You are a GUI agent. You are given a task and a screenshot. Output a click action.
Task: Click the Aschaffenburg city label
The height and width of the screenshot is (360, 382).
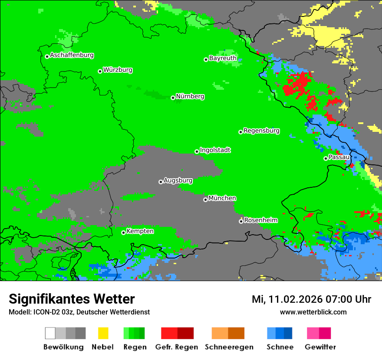[72, 56]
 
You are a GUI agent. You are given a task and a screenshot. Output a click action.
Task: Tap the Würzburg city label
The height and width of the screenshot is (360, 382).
[118, 70]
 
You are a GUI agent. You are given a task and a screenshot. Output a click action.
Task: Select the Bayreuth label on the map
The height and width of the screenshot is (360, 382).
[223, 58]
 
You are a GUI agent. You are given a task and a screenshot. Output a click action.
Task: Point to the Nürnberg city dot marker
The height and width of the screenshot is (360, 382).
[173, 98]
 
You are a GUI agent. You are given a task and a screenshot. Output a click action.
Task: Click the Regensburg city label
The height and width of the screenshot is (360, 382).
[261, 131]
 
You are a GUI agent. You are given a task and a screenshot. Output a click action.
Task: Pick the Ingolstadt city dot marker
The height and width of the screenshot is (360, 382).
[197, 151]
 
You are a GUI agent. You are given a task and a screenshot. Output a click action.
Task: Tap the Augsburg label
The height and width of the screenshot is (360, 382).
[178, 180]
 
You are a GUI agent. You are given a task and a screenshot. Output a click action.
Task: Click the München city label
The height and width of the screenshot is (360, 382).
[222, 198]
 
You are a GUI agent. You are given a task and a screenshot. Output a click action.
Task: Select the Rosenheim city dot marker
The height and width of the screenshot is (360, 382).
[241, 221]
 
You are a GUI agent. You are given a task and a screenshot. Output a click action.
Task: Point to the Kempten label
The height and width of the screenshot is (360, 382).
[140, 231]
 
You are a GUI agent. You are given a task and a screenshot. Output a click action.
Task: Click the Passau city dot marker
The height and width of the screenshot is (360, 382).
[326, 158]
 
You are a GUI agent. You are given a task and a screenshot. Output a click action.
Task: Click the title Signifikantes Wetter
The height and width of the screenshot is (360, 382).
[72, 299]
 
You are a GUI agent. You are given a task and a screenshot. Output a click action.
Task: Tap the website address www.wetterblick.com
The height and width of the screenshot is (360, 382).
[313, 312]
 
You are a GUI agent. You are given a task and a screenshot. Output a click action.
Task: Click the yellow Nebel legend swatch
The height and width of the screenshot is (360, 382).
[103, 333]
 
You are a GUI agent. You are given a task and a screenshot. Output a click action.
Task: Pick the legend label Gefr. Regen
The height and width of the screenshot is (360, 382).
[177, 347]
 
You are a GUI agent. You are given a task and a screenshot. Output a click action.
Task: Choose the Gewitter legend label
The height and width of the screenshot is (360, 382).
[320, 347]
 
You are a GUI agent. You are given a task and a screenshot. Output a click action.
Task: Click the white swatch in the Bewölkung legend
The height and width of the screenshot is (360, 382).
[50, 333]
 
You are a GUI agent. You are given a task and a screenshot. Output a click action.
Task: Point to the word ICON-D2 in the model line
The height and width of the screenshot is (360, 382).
[44, 312]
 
